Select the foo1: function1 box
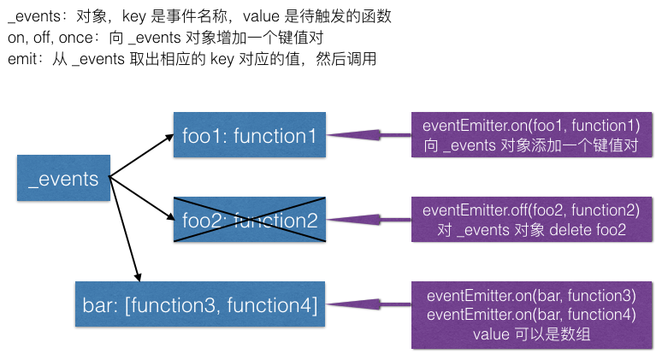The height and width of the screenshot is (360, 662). pyautogui.click(x=249, y=135)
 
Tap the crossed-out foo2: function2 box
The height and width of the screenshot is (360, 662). pyautogui.click(x=249, y=220)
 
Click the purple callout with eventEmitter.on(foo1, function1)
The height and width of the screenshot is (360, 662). pyautogui.click(x=531, y=135)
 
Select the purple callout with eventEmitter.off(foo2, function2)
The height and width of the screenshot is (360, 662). pyautogui.click(x=531, y=219)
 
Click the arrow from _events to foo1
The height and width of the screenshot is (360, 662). pyautogui.click(x=141, y=155)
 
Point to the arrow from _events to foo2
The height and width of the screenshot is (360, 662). pyautogui.click(x=141, y=199)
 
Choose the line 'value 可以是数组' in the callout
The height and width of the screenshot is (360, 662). pyautogui.click(x=531, y=333)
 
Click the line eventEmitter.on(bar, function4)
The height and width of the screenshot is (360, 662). pyautogui.click(x=531, y=314)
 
